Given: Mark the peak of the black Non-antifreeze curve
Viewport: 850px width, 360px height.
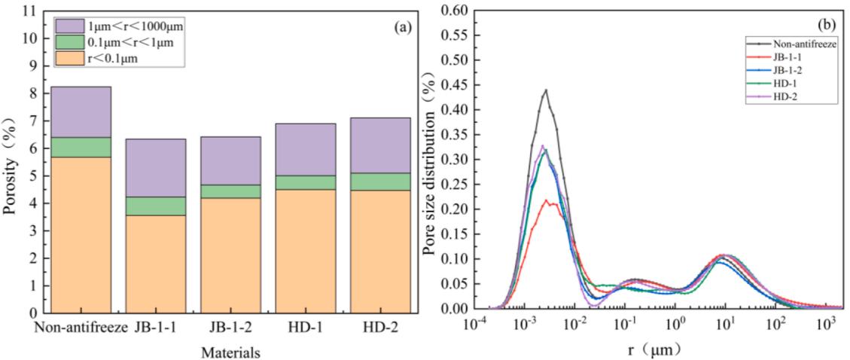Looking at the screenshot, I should pyautogui.click(x=546, y=90).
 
